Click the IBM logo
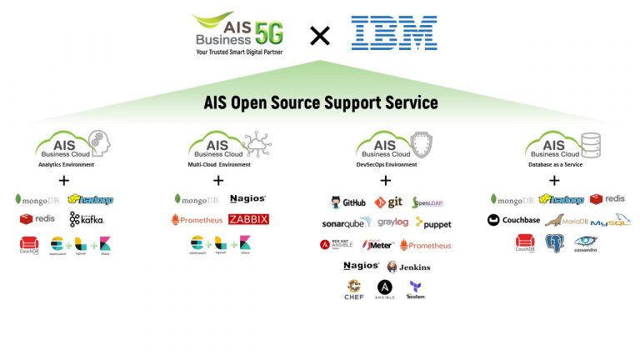click(394, 33)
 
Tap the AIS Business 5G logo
click(237, 33)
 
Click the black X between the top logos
click(320, 35)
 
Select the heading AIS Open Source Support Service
click(321, 103)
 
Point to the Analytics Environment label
click(67, 164)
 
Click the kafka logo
click(87, 219)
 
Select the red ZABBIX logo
click(248, 220)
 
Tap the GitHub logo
click(347, 202)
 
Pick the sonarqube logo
click(347, 223)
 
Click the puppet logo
click(433, 223)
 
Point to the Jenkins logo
click(409, 267)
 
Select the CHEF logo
click(354, 290)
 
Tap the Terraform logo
click(415, 289)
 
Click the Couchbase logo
click(514, 221)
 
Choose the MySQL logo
click(610, 221)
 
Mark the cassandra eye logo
click(585, 242)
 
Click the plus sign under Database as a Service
click(554, 180)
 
